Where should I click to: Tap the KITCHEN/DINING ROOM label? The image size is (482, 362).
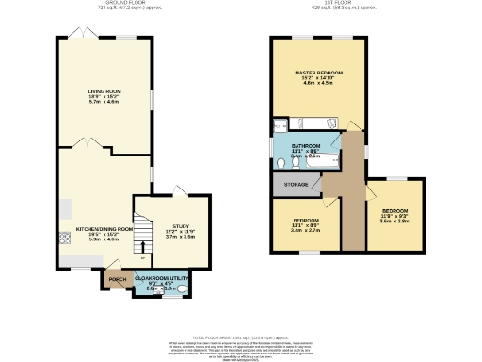(104, 229)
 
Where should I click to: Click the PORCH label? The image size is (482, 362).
(117, 280)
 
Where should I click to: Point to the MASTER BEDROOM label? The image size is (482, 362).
(317, 73)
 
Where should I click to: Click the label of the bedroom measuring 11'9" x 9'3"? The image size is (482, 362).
(394, 212)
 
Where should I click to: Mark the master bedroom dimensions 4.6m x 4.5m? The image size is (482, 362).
(317, 84)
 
